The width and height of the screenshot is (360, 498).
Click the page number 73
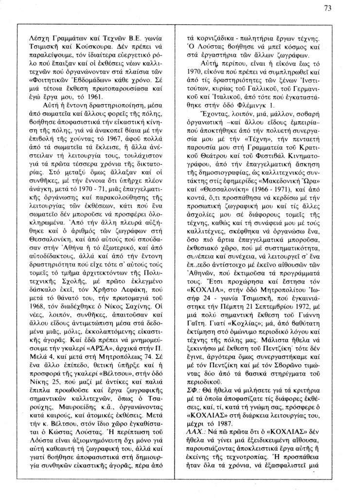pyautogui.click(x=341, y=8)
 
